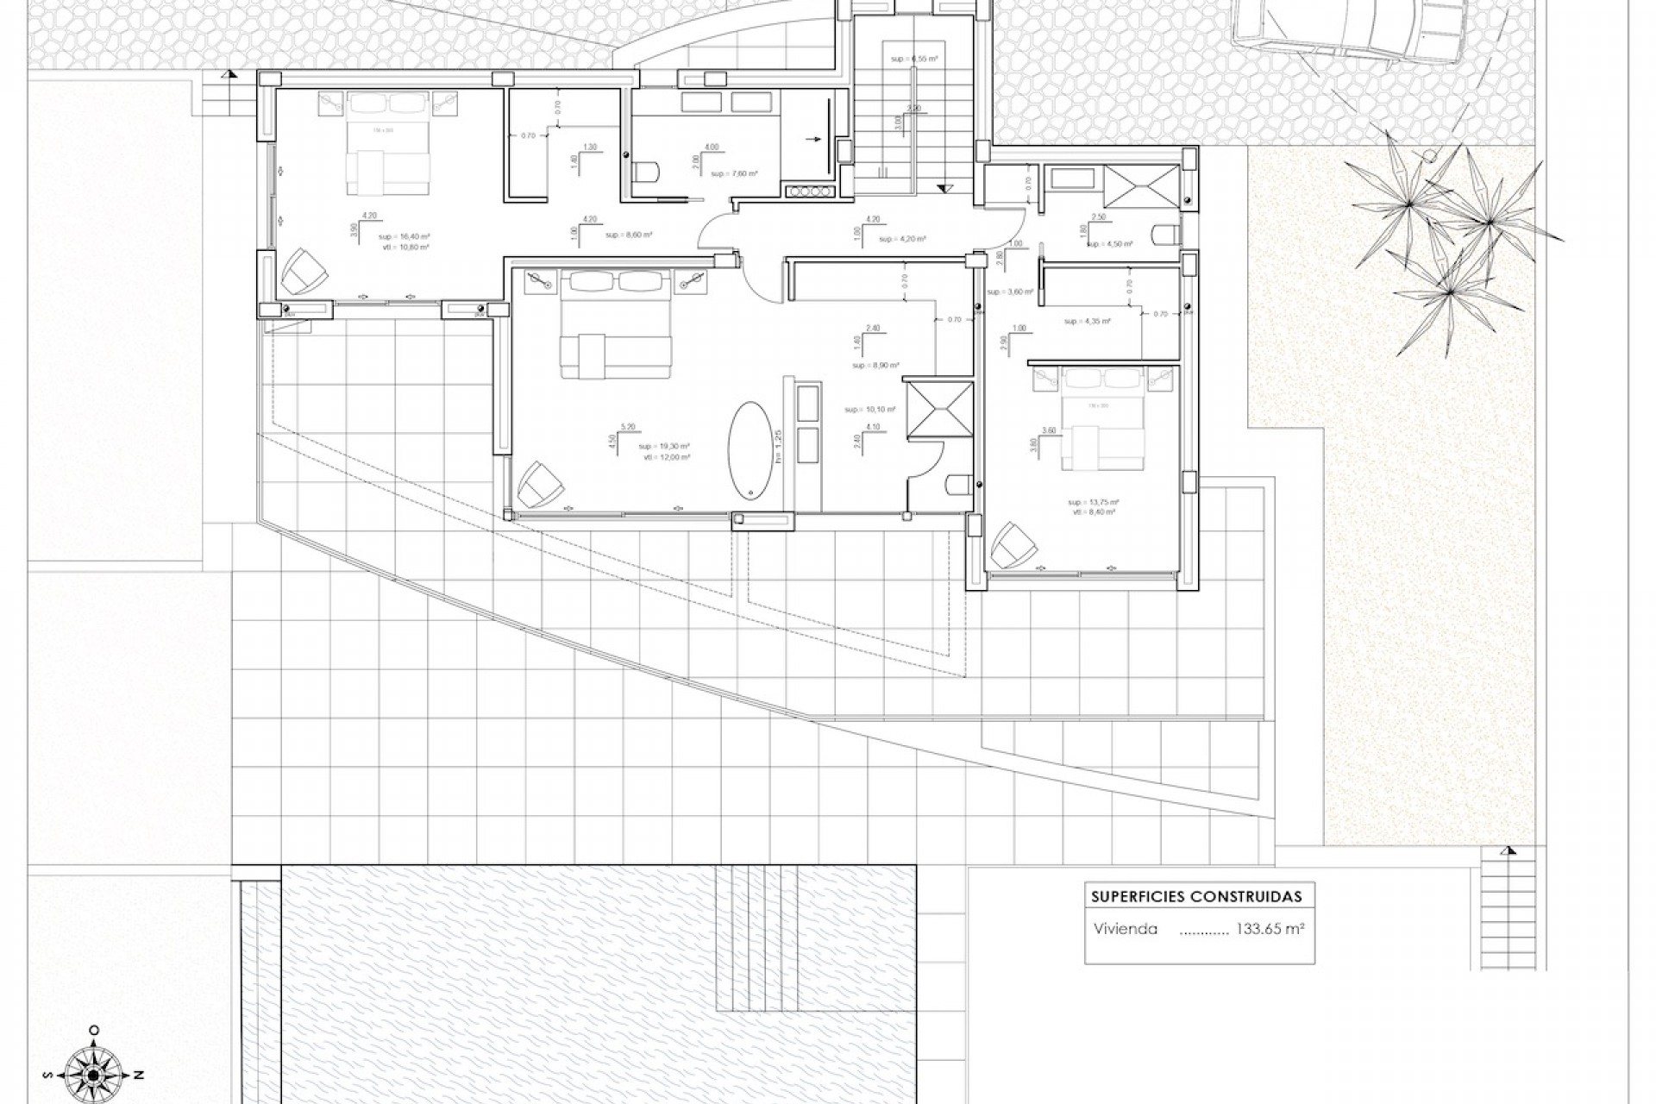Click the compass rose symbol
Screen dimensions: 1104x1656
94,1074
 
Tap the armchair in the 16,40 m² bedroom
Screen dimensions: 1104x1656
304,270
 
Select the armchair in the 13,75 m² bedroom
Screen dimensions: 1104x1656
1013,545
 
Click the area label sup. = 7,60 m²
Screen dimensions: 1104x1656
734,173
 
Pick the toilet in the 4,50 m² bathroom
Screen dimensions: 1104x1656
1166,234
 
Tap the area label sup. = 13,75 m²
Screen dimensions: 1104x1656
1093,502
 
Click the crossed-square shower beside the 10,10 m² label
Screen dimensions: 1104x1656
938,410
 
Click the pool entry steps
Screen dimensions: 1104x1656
757,938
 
